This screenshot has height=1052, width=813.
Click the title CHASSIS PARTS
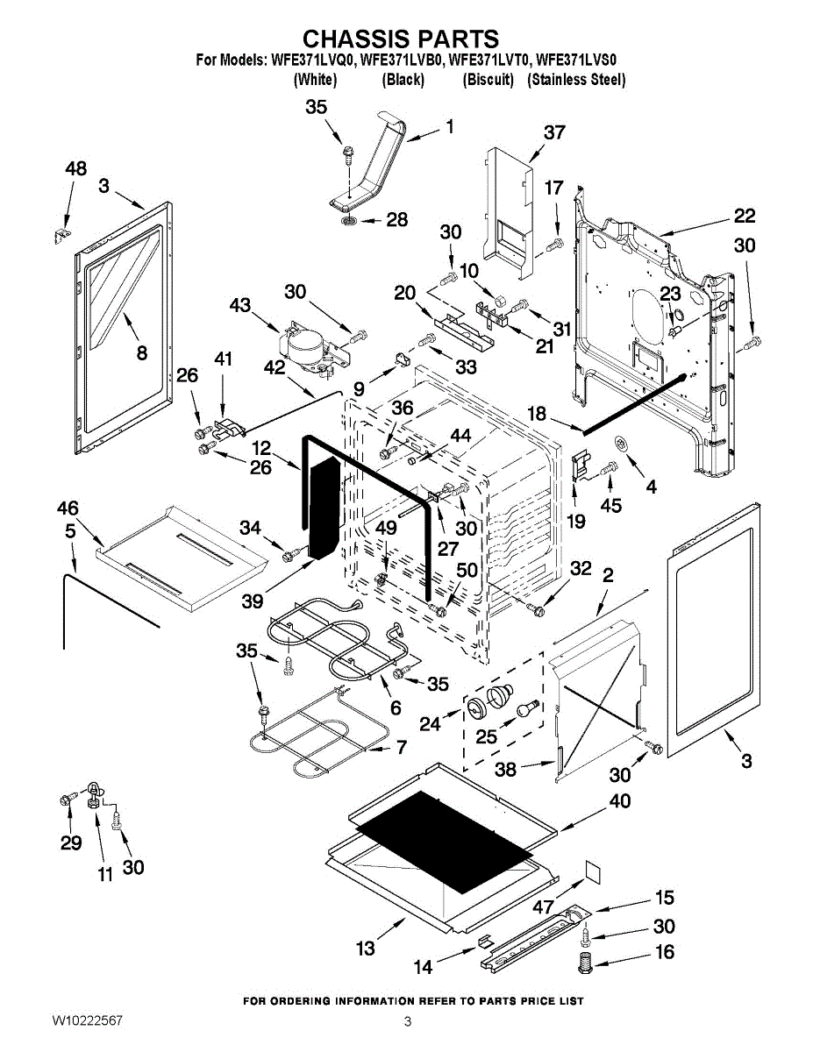(401, 39)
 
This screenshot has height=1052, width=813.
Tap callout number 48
(76, 169)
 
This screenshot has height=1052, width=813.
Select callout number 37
(554, 132)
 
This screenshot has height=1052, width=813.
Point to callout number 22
(744, 216)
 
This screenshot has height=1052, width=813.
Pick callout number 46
(68, 508)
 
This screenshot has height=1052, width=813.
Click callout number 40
(619, 801)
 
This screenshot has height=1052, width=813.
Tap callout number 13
(366, 948)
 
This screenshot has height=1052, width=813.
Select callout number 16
(666, 952)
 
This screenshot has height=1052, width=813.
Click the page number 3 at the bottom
(408, 1021)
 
